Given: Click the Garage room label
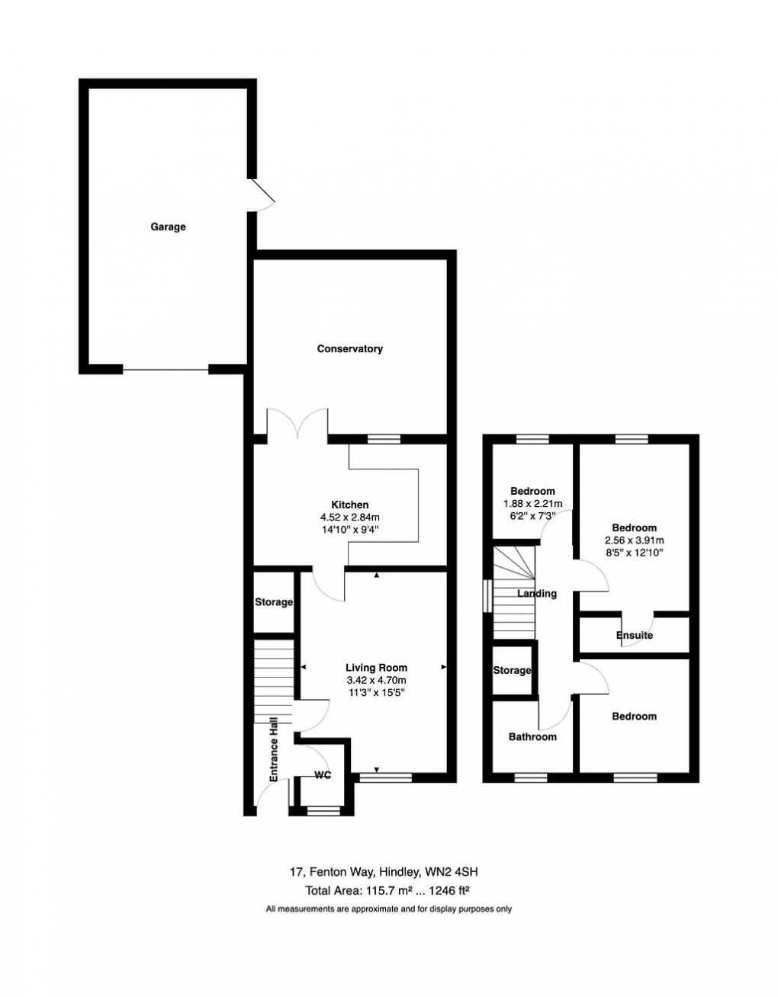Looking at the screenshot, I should click(x=168, y=226).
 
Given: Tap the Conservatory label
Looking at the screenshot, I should click(x=350, y=349).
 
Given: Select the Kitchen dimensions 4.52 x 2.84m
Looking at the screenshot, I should click(x=350, y=517).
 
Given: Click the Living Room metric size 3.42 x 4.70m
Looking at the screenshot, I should click(x=376, y=680).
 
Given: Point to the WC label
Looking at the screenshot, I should click(x=323, y=775).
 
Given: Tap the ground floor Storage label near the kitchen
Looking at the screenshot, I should click(x=273, y=602).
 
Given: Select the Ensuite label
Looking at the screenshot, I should click(x=635, y=635).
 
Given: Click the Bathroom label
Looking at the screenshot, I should click(x=532, y=736).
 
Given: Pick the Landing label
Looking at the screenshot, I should click(x=537, y=594).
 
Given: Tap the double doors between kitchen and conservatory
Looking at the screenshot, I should click(x=297, y=424).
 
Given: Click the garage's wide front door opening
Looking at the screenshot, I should click(x=166, y=370).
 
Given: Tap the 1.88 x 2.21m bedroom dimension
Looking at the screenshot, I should click(x=532, y=503).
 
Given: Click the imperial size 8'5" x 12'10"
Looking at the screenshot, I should click(x=634, y=553).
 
